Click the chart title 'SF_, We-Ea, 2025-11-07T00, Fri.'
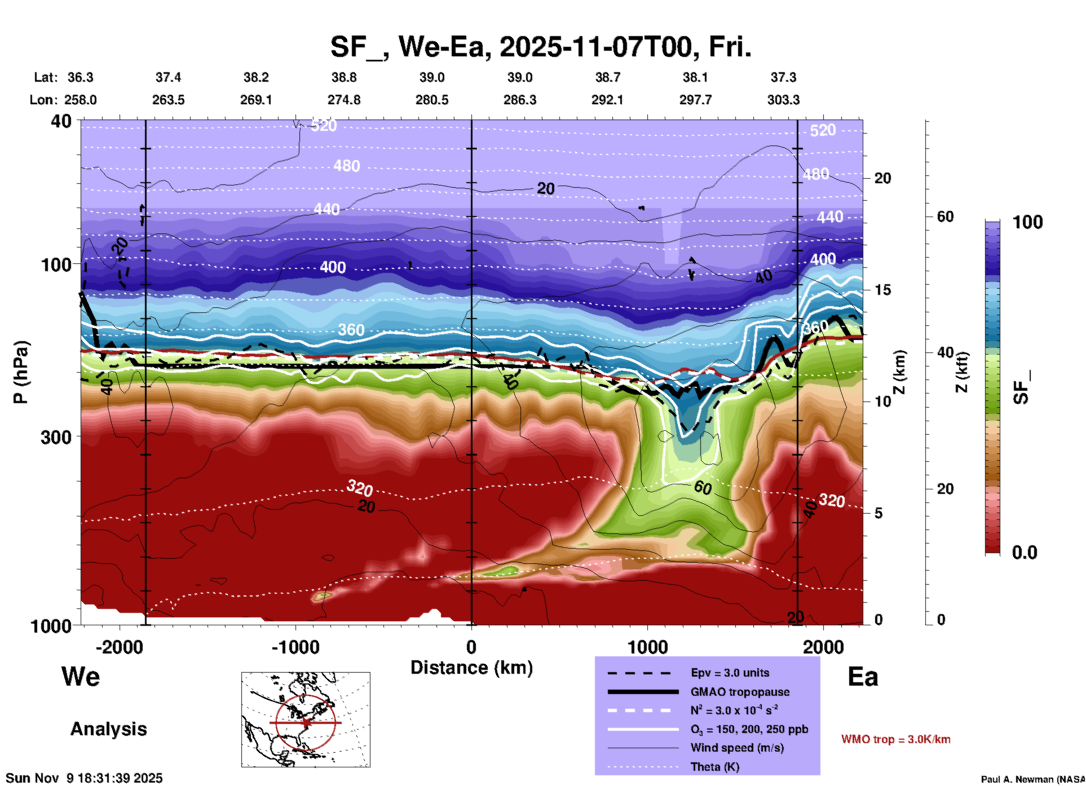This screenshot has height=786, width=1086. pyautogui.click(x=540, y=47)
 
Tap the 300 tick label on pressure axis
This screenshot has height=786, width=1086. pyautogui.click(x=56, y=437)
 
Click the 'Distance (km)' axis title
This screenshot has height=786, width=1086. pyautogui.click(x=471, y=668)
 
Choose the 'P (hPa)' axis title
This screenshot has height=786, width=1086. pyautogui.click(x=21, y=372)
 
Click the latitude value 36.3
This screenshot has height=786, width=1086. pyautogui.click(x=80, y=77)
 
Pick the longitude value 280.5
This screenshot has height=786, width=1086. pyautogui.click(x=432, y=100)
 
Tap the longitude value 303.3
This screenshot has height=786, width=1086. pyautogui.click(x=783, y=100)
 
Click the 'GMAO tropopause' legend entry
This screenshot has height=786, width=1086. pyautogui.click(x=740, y=692)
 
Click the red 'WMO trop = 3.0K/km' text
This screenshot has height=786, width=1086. pyautogui.click(x=895, y=739)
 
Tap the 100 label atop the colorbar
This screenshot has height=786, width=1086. pyautogui.click(x=1027, y=222)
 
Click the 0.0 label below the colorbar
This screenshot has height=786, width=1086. pyautogui.click(x=1025, y=553)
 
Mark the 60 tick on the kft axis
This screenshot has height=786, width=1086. pyautogui.click(x=945, y=217)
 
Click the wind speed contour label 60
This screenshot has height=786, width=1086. pyautogui.click(x=703, y=487)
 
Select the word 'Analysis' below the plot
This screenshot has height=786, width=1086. pyautogui.click(x=108, y=729)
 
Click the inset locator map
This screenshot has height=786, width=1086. pyautogui.click(x=306, y=719)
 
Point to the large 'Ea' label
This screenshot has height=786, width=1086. pyautogui.click(x=863, y=677)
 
